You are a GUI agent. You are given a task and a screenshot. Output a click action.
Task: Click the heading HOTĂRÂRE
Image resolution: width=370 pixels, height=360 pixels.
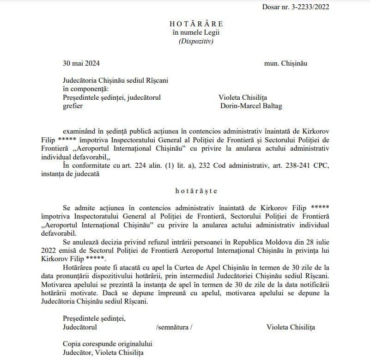[x=196, y=24]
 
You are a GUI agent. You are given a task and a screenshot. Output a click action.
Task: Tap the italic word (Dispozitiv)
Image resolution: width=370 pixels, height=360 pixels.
[x=196, y=41]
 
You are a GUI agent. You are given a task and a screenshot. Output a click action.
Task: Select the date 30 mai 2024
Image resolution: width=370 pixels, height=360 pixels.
[x=81, y=62]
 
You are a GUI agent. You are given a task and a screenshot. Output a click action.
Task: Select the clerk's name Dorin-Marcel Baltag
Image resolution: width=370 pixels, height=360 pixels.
[x=252, y=106]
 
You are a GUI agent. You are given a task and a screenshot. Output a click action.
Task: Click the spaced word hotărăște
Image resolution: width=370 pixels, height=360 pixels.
[x=196, y=190]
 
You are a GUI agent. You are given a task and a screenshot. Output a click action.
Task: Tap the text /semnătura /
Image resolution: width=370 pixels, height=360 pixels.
[x=174, y=327]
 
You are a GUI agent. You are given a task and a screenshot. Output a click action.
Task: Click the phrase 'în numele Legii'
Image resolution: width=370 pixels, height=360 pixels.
[x=196, y=32]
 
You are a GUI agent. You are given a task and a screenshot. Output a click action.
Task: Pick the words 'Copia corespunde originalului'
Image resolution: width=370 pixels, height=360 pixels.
[x=108, y=344]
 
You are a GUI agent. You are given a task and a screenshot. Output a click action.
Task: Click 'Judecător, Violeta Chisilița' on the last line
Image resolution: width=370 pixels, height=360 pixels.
[x=103, y=353]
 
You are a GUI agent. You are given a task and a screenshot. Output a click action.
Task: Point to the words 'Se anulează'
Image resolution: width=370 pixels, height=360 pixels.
[x=81, y=242]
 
